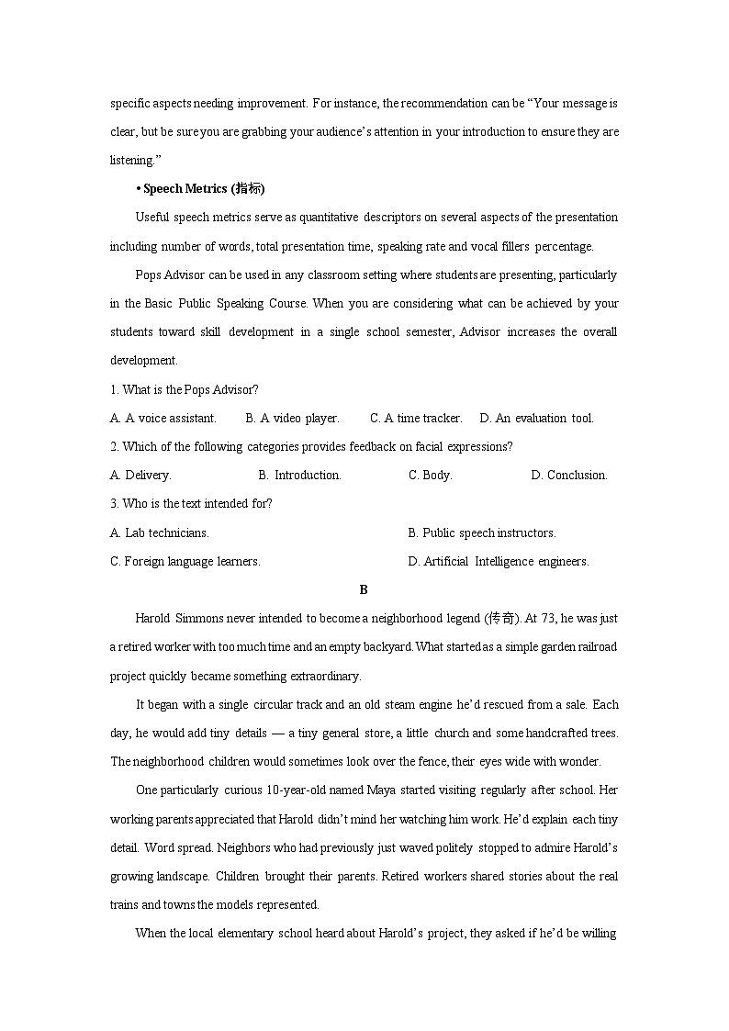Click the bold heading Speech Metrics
click(199, 189)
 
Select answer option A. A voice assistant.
click(163, 418)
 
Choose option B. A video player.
click(292, 418)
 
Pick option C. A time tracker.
click(416, 418)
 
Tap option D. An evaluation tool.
click(536, 418)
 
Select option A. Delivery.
click(140, 475)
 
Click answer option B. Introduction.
click(299, 475)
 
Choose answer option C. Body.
click(430, 475)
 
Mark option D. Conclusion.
click(568, 475)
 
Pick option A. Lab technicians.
click(160, 532)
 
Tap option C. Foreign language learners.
click(185, 561)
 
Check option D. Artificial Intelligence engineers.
click(499, 561)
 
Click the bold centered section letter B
click(364, 589)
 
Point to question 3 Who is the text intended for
click(191, 503)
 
